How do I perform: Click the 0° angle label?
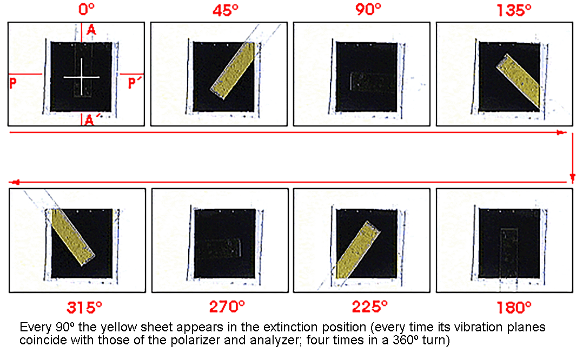click(x=87, y=9)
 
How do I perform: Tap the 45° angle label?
click(x=226, y=10)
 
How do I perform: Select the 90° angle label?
click(x=368, y=9)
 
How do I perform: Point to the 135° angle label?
click(x=514, y=10)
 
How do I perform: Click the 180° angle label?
click(x=514, y=307)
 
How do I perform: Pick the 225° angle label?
click(x=369, y=306)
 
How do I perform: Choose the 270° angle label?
click(x=227, y=306)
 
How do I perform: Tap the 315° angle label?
click(x=84, y=307)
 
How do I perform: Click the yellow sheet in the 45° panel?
click(x=233, y=71)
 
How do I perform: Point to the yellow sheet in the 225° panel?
click(x=357, y=250)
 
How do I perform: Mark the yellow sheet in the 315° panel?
click(x=73, y=237)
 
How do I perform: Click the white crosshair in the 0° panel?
click(x=82, y=77)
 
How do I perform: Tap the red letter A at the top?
click(x=91, y=29)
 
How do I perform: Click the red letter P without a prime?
click(x=13, y=83)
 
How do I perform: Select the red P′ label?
click(x=133, y=83)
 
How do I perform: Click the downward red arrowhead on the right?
click(x=573, y=178)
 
